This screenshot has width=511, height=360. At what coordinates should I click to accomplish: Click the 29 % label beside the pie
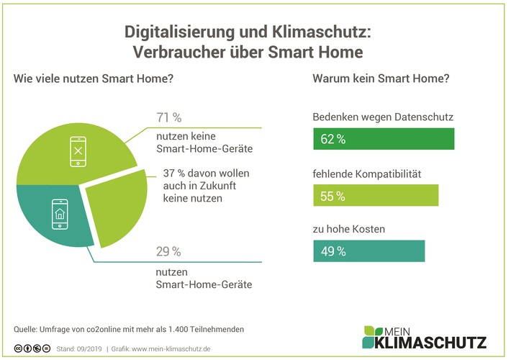169,252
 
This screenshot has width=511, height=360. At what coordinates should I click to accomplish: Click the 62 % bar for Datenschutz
384,139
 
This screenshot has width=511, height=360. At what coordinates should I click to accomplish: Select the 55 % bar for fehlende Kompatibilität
376,195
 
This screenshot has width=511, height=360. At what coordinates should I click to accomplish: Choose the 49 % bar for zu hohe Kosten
368,251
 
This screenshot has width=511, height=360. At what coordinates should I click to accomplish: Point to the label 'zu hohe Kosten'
349,230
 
